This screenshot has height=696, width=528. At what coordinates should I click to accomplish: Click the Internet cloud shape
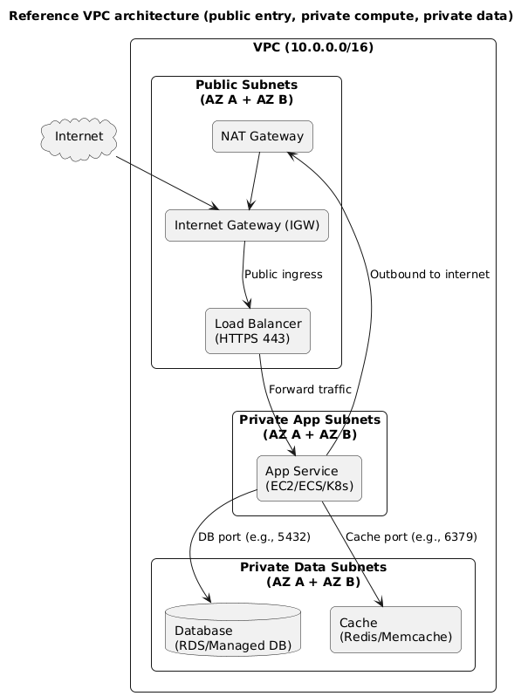79,137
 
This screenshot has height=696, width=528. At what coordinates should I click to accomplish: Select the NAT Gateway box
262,136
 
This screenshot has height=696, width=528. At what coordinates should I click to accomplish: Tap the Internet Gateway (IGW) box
247,226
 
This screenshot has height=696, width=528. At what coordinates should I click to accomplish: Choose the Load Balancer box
257,331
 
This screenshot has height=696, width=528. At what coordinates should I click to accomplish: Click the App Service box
309,478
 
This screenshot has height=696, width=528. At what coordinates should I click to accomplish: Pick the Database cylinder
232,630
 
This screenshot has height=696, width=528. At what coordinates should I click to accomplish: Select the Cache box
395,630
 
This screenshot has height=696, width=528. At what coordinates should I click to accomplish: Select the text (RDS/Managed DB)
232,645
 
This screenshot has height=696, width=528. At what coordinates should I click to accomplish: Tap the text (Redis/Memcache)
395,638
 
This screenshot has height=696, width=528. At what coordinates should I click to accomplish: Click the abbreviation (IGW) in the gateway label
303,226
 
